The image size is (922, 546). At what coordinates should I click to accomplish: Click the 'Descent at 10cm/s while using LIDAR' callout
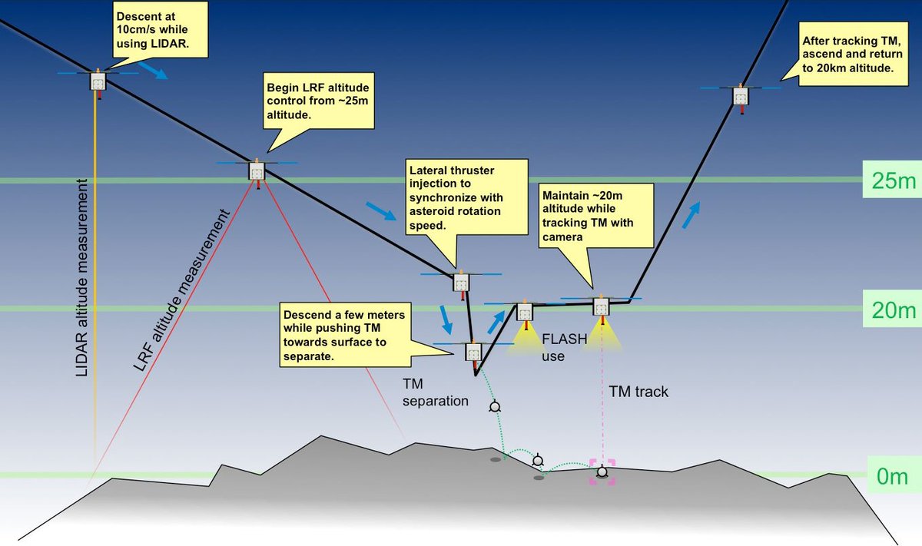tap(161, 28)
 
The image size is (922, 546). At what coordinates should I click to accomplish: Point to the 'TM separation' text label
tap(435, 392)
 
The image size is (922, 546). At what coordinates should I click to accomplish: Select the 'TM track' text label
tap(638, 392)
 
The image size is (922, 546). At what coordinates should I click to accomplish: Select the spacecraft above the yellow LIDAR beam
tap(98, 81)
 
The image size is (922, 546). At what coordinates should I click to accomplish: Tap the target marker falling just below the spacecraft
tap(494, 405)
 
